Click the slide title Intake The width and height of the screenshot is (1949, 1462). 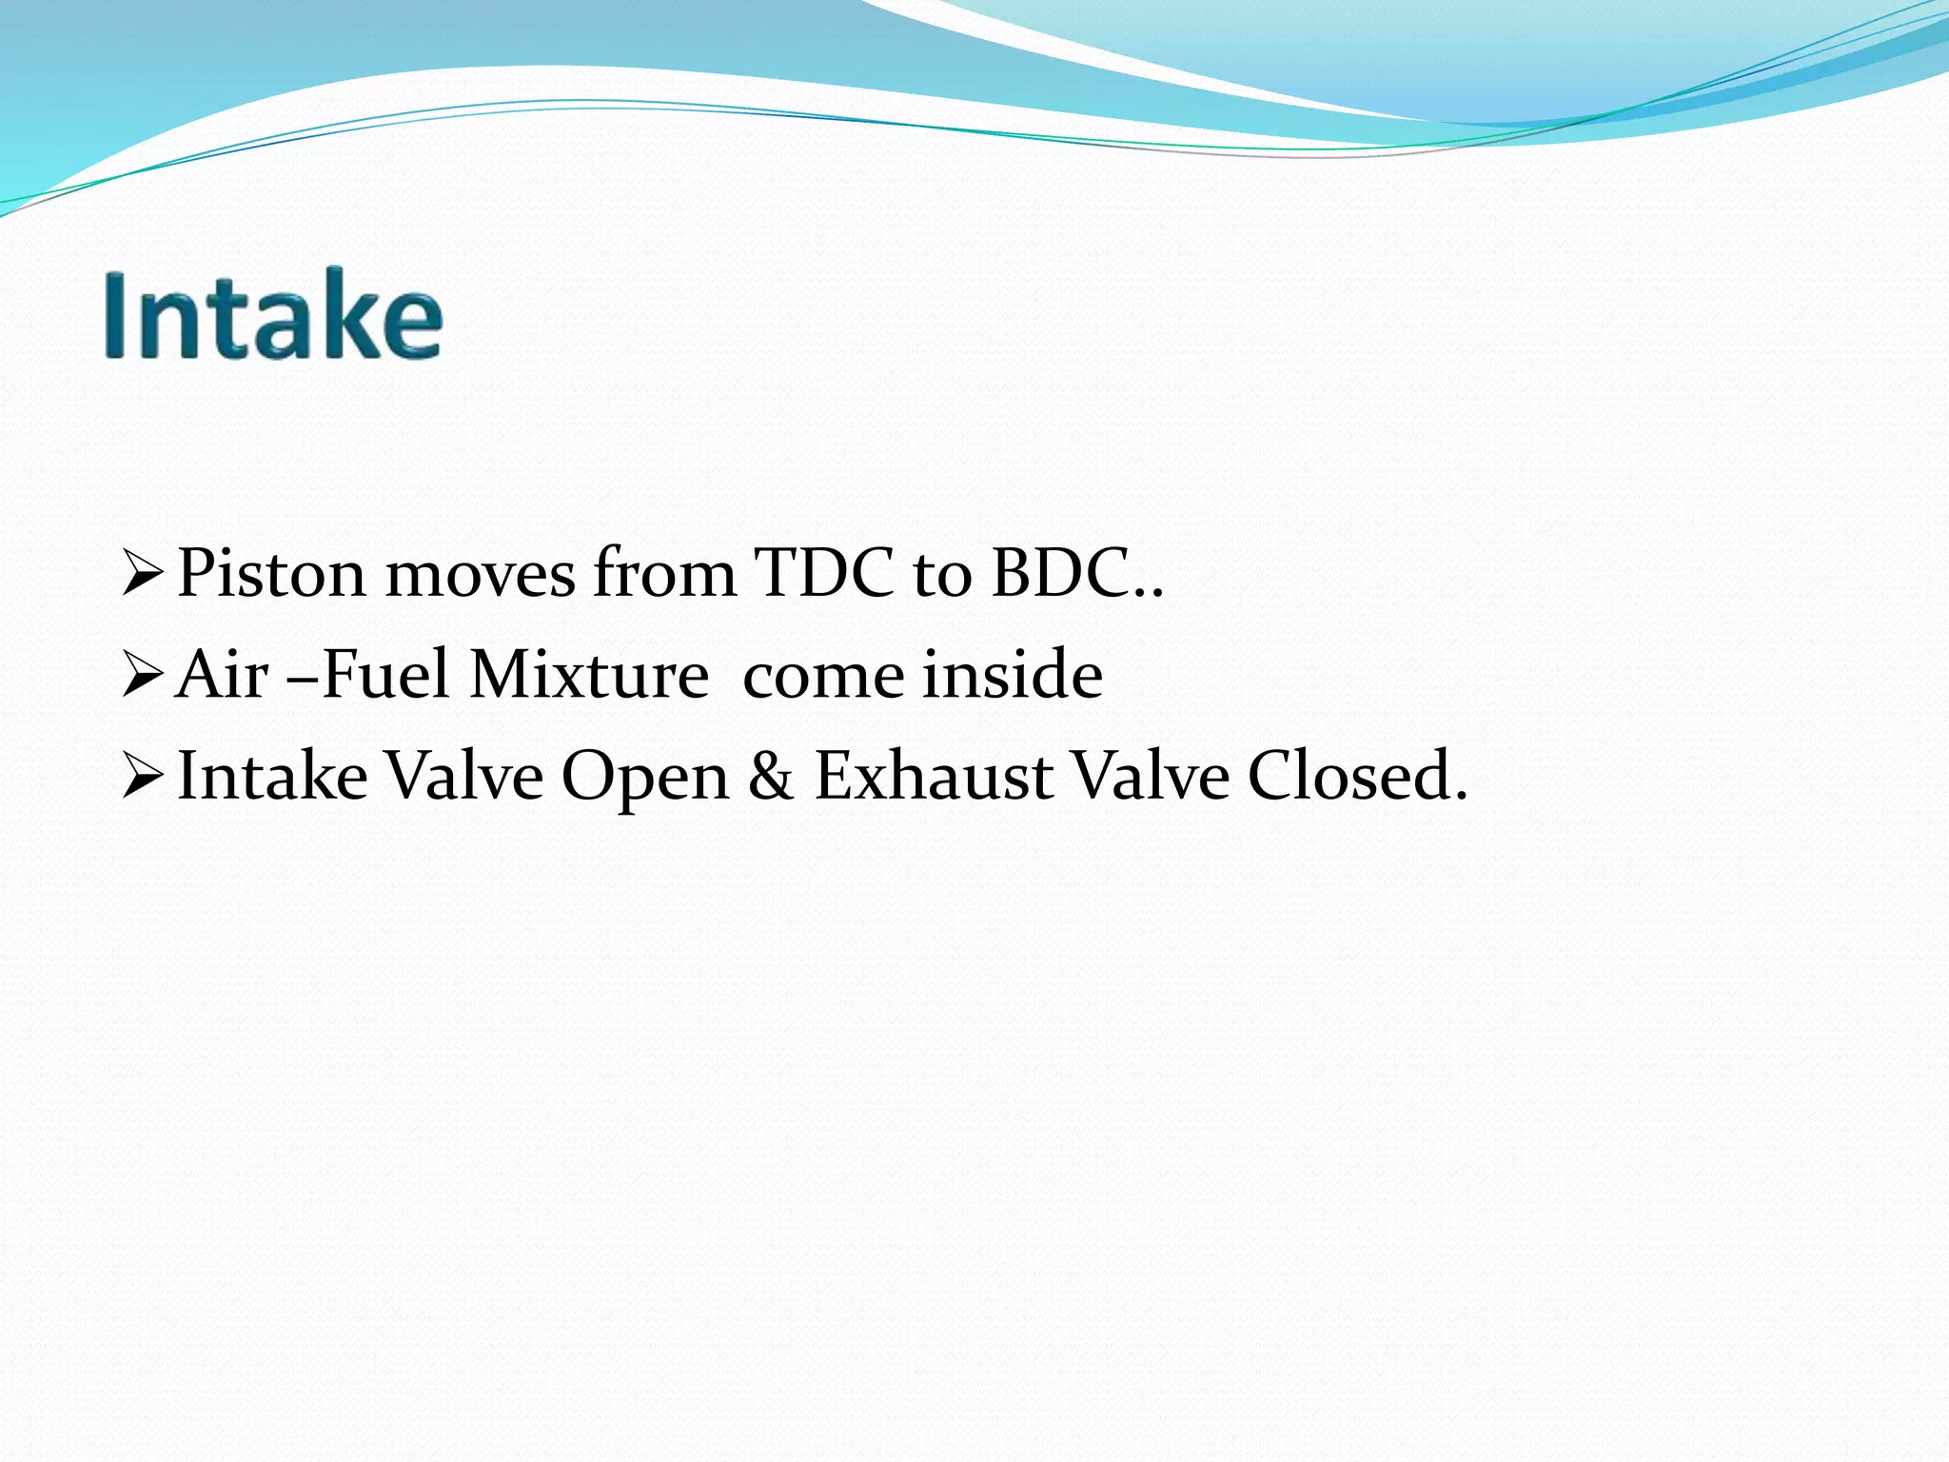(x=274, y=314)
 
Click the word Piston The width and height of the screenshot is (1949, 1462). (x=271, y=574)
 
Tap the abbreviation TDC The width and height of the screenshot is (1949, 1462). (x=824, y=574)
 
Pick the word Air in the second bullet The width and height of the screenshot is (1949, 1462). (x=222, y=675)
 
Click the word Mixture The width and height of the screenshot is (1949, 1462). (x=589, y=675)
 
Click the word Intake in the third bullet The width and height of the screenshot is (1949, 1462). (x=273, y=776)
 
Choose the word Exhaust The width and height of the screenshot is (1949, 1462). (x=933, y=776)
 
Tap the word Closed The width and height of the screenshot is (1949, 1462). (x=1357, y=776)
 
